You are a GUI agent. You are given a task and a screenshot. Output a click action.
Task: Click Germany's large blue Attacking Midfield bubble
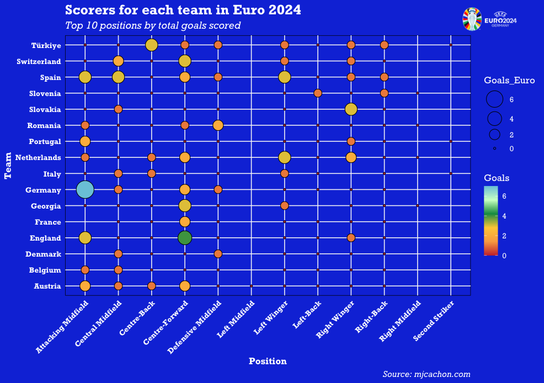tap(85, 190)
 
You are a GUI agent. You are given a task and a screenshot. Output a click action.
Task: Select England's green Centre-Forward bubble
tap(185, 238)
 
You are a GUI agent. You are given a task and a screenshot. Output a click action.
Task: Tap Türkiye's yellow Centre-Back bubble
tap(152, 45)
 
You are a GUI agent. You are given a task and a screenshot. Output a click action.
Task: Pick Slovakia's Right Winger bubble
tap(351, 109)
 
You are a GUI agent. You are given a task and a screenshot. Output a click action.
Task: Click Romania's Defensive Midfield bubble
tap(218, 125)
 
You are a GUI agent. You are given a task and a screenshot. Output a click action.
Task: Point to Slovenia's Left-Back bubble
tap(318, 93)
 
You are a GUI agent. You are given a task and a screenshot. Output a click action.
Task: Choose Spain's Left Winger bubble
tap(285, 77)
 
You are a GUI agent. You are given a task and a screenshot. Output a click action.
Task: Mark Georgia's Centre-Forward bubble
tap(185, 206)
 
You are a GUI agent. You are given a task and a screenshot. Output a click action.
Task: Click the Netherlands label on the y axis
tap(41, 157)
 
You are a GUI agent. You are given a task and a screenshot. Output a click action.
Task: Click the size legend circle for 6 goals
tap(494, 99)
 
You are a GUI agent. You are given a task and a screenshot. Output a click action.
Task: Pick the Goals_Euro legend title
tap(509, 81)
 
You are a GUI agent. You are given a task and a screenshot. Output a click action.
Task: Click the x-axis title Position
tap(268, 361)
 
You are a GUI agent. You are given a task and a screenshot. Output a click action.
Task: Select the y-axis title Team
tap(8, 166)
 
